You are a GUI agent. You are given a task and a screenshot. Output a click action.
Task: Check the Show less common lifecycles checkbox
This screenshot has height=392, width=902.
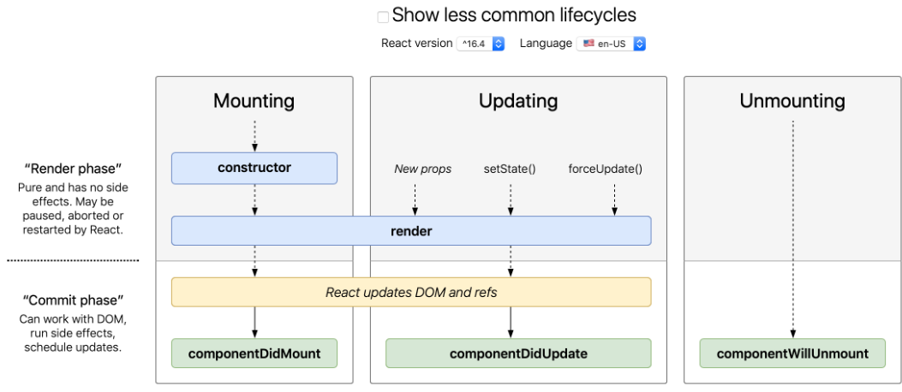(x=383, y=16)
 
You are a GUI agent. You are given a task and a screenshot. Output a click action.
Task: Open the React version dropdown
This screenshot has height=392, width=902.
(x=481, y=43)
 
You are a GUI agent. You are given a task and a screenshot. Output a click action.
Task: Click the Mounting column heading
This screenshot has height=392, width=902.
(x=254, y=101)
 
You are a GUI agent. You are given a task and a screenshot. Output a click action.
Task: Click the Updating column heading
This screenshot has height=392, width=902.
(x=518, y=101)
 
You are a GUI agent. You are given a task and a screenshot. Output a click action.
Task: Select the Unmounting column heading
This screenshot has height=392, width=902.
(x=792, y=101)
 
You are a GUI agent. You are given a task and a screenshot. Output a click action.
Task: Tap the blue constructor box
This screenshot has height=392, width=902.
(x=254, y=168)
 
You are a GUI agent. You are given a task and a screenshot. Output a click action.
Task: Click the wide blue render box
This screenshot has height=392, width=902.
(x=411, y=231)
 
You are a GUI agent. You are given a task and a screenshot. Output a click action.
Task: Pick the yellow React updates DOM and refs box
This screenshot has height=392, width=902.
(x=411, y=292)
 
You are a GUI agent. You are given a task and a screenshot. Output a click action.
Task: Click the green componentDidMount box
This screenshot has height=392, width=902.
(x=254, y=353)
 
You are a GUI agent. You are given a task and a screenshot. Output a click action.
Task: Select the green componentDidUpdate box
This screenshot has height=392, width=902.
(x=518, y=353)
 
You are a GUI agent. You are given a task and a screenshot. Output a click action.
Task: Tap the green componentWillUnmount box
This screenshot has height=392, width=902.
(x=792, y=353)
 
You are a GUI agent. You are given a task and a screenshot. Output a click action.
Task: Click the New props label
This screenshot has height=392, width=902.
(x=422, y=169)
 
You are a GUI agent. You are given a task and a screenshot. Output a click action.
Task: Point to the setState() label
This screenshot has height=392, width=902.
(x=510, y=169)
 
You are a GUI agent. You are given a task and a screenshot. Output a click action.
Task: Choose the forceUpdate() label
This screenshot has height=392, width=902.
(x=605, y=169)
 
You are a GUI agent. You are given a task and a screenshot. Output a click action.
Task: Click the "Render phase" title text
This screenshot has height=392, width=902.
(x=74, y=168)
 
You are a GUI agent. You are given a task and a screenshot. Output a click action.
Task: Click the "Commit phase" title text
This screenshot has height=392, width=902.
(x=74, y=300)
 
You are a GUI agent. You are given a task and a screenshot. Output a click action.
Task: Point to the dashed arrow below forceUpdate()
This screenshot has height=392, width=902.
(x=614, y=198)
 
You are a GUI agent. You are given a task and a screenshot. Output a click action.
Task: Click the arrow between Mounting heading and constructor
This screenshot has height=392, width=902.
(x=254, y=135)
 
